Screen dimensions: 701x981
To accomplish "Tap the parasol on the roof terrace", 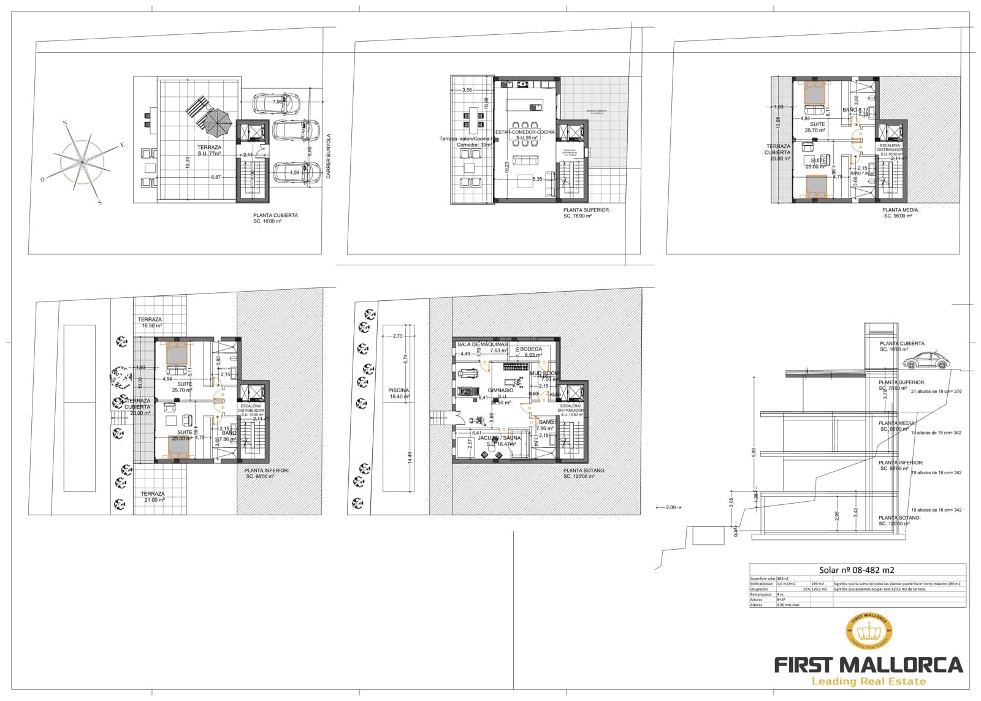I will pos(216,120).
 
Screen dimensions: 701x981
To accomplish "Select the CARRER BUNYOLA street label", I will pos(329,157).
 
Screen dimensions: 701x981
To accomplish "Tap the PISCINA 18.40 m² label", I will pos(399,393).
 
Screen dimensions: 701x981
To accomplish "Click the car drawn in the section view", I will pos(926,362).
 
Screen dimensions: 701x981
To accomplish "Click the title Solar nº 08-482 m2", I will pos(857,570).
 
